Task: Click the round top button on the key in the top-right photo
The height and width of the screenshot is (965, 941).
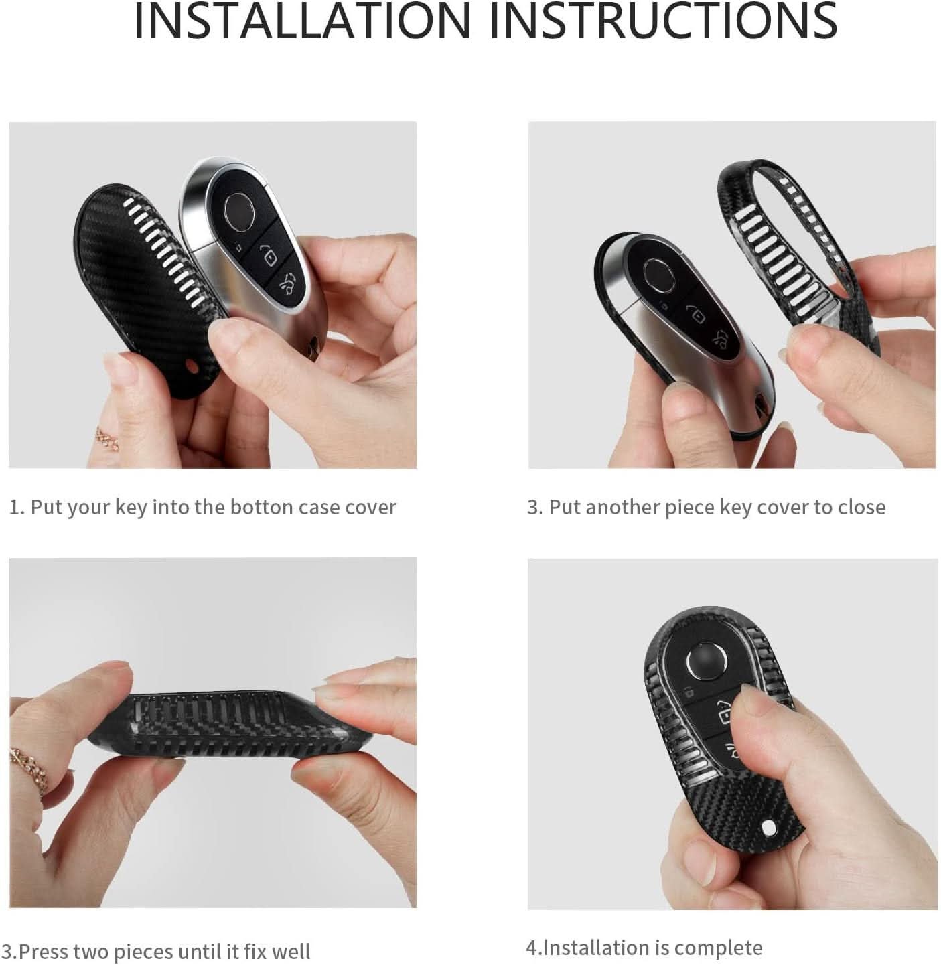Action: point(659,274)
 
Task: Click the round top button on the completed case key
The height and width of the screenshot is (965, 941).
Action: point(707,662)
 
